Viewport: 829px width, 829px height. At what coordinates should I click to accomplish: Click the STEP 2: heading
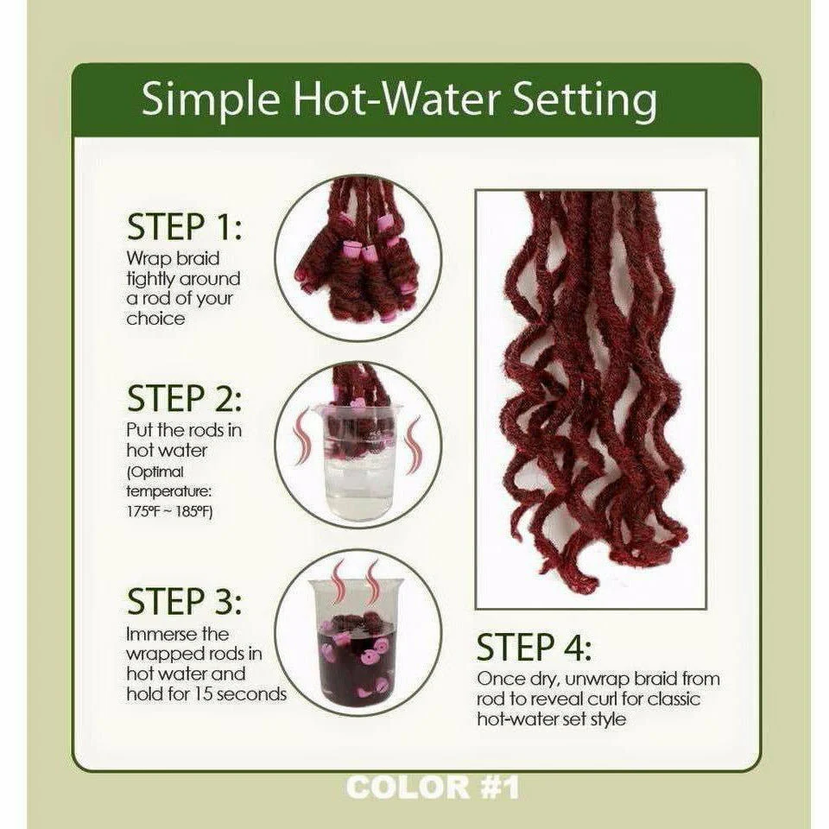pyautogui.click(x=184, y=399)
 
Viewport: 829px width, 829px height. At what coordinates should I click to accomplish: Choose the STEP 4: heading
pyautogui.click(x=534, y=647)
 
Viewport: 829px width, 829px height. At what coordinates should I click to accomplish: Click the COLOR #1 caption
pyautogui.click(x=432, y=788)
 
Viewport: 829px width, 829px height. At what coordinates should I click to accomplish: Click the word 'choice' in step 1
pyautogui.click(x=155, y=318)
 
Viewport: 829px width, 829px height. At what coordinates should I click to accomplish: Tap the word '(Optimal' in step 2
pyautogui.click(x=155, y=471)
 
